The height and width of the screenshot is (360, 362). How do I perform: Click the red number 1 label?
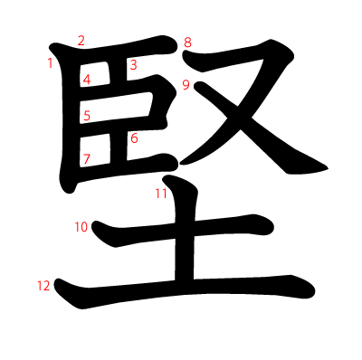[x=50, y=62]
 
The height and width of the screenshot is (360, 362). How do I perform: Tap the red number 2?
[x=81, y=40]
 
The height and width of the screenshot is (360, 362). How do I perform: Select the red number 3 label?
[x=133, y=64]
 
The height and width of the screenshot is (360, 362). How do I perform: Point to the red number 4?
[x=87, y=80]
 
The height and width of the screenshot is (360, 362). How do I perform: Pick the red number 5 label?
[x=87, y=115]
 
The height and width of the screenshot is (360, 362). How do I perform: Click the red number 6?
[x=134, y=138]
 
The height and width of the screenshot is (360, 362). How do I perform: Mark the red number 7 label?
[x=87, y=160]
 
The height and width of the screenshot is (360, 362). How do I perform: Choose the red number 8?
[x=187, y=43]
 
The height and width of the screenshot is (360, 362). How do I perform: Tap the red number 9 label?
[x=185, y=85]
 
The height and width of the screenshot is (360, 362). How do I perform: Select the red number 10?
[x=81, y=227]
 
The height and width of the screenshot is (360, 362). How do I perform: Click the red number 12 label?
[x=43, y=286]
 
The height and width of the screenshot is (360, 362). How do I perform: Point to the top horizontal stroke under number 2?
[x=118, y=52]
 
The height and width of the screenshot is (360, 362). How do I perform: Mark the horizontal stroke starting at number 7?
[x=127, y=166]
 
